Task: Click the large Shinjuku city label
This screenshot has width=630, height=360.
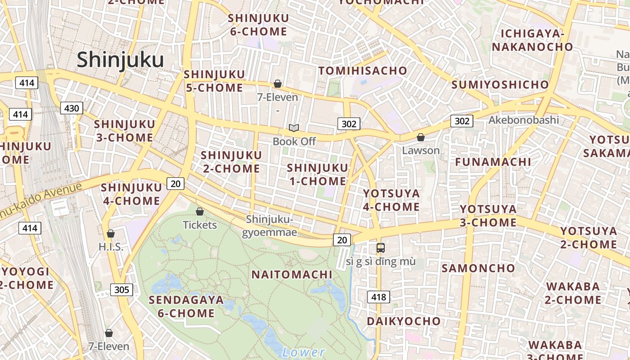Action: click(120, 60)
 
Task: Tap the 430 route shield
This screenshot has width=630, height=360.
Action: click(72, 108)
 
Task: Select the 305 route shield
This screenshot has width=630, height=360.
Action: click(121, 289)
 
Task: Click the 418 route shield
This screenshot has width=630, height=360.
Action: click(378, 297)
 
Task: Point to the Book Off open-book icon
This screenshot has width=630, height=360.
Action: click(294, 129)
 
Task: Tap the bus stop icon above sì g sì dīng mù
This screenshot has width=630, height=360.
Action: click(381, 247)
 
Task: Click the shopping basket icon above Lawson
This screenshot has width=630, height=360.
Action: click(421, 137)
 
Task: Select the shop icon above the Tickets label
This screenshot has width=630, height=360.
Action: click(200, 211)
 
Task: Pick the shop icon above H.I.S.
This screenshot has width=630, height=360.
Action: click(111, 234)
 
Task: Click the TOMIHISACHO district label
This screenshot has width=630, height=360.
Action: click(363, 71)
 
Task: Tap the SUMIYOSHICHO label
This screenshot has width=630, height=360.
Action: click(500, 85)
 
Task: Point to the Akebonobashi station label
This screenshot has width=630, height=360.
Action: click(523, 120)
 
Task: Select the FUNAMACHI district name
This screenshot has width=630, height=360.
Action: click(493, 162)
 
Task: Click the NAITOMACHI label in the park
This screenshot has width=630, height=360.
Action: click(292, 274)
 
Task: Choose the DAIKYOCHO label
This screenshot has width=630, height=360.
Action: click(404, 321)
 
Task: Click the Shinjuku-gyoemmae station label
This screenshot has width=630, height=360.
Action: click(269, 226)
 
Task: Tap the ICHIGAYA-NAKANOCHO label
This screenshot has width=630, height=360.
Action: click(532, 40)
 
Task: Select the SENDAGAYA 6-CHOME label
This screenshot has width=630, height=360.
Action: click(186, 306)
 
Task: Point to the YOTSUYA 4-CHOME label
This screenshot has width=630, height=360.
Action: click(391, 200)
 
